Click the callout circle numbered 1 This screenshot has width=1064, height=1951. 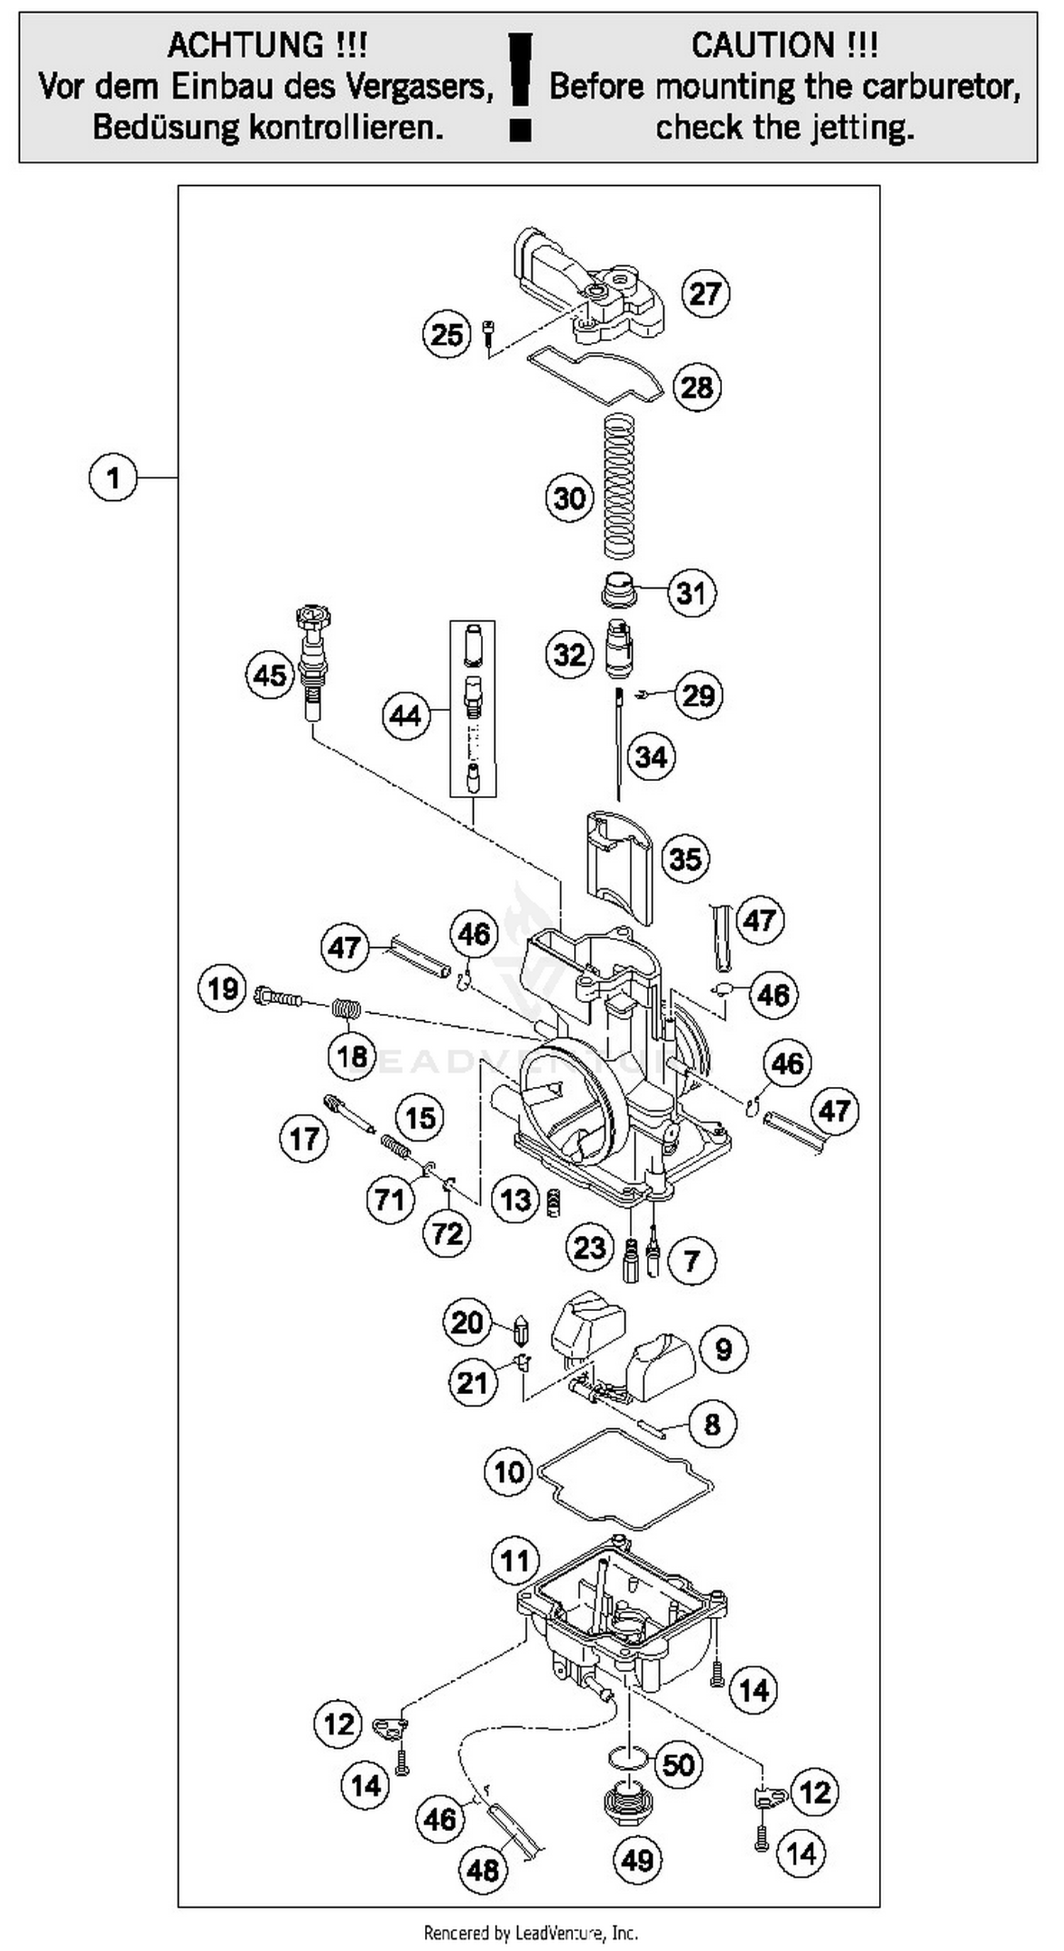tap(113, 478)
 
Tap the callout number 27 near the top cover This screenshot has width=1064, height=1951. tap(705, 293)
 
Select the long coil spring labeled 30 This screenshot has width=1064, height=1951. tap(619, 485)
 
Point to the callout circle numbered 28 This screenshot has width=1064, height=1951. tap(697, 387)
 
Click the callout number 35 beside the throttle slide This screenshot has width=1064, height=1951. tap(685, 858)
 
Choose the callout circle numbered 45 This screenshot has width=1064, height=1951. tap(270, 675)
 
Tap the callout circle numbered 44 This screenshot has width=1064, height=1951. tap(405, 715)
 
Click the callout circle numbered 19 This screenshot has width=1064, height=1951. tap(223, 988)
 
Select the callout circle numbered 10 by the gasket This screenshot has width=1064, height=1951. tap(509, 1471)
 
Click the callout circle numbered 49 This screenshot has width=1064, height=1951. tap(637, 1859)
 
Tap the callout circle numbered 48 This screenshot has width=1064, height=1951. tap(483, 1870)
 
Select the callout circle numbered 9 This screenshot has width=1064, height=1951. tap(724, 1349)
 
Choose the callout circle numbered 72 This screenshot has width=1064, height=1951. tap(447, 1233)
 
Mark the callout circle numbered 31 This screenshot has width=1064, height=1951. tap(691, 592)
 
